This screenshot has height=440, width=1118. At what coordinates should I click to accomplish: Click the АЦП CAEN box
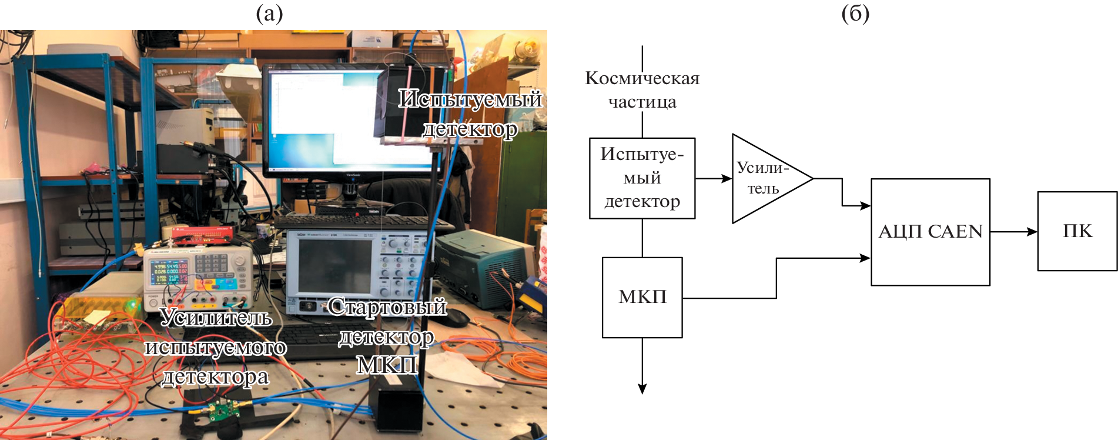(x=930, y=232)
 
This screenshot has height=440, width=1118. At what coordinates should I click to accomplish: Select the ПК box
(x=1077, y=231)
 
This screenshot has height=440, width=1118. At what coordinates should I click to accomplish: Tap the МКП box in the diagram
(x=642, y=297)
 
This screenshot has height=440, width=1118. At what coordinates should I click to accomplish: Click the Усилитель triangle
(x=764, y=178)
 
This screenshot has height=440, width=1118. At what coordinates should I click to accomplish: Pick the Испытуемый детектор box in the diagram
(x=642, y=178)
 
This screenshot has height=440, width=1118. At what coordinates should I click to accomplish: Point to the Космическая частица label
(x=642, y=89)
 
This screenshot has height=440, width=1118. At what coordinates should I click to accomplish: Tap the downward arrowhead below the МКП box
(x=642, y=389)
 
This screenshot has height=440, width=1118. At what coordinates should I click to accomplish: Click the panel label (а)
(x=269, y=14)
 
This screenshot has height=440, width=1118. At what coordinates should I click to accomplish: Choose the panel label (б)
(x=855, y=14)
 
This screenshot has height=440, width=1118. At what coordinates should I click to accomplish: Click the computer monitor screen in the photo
(x=317, y=118)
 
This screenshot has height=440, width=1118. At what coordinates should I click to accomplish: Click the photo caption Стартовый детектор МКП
(x=387, y=336)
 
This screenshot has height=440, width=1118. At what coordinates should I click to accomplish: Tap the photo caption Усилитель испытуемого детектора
(x=216, y=347)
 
